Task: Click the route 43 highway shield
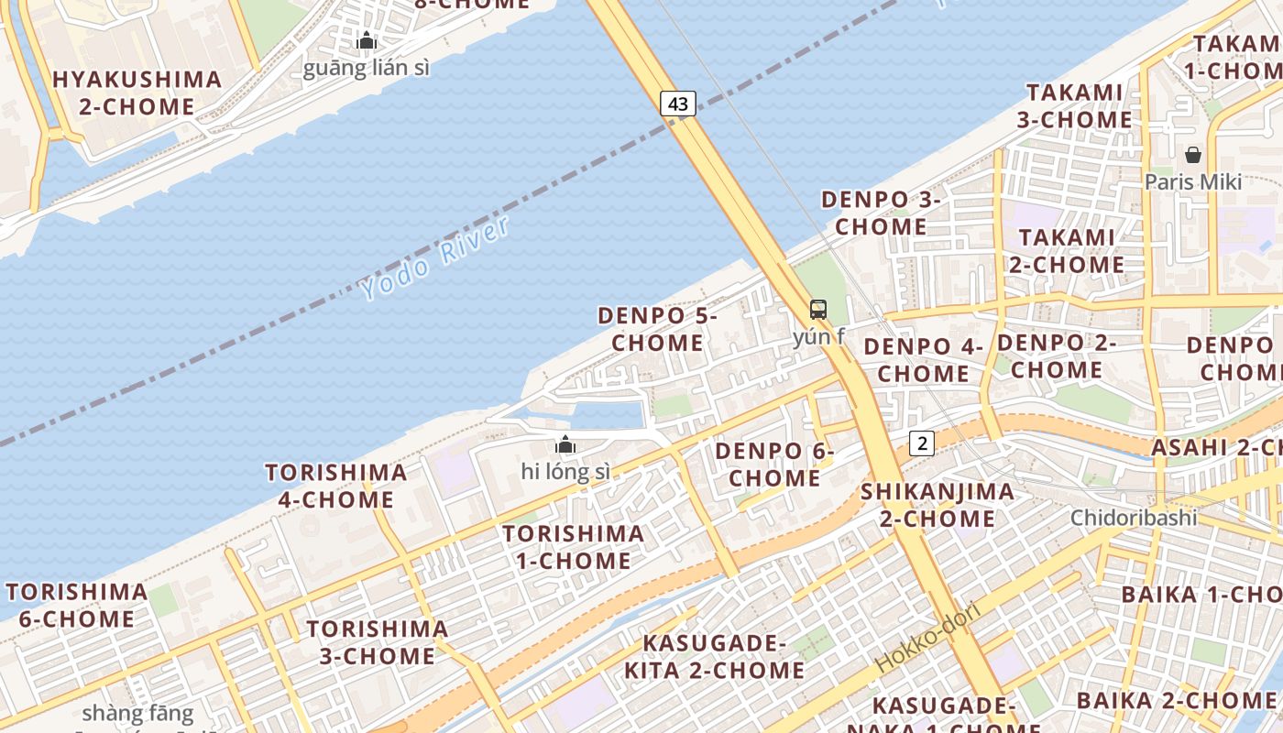click(x=678, y=104)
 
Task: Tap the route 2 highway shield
click(x=922, y=443)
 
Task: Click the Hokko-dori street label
click(x=927, y=637)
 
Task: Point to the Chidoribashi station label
click(x=1134, y=518)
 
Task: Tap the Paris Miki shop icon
click(x=1193, y=155)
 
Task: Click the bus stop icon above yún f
click(x=818, y=310)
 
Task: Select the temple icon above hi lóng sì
click(x=565, y=445)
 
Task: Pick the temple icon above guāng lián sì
click(x=367, y=40)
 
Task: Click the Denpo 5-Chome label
click(x=657, y=329)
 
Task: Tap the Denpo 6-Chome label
click(x=774, y=465)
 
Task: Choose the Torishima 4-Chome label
click(x=336, y=486)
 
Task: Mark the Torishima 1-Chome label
click(x=573, y=547)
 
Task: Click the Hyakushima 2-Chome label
click(x=137, y=93)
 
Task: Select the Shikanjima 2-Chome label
click(x=937, y=505)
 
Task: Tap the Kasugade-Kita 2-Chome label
click(x=714, y=656)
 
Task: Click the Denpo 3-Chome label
click(x=881, y=213)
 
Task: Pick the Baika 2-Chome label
click(x=1163, y=701)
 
